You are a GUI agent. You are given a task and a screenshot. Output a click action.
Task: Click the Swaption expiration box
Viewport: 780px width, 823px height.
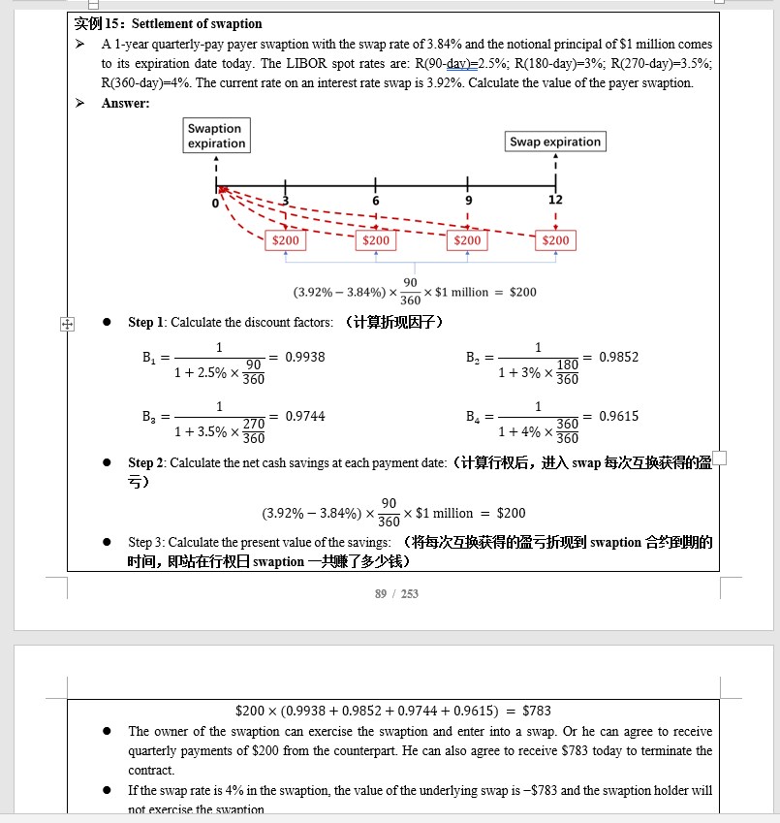(x=216, y=136)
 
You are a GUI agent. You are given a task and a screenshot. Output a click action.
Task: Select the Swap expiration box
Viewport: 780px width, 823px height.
(x=555, y=142)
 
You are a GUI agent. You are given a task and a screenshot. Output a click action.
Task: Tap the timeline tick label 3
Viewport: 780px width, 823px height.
(x=286, y=201)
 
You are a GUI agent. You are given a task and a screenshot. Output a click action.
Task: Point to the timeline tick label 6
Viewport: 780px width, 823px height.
(x=375, y=201)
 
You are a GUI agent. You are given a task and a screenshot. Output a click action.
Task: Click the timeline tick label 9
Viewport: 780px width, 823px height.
(x=467, y=201)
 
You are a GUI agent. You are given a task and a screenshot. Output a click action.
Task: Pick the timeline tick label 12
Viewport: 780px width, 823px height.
(x=555, y=201)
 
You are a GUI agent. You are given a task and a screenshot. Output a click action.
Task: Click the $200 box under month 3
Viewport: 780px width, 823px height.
(x=286, y=240)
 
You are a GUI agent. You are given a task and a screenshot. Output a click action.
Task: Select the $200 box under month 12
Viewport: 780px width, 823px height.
(x=555, y=240)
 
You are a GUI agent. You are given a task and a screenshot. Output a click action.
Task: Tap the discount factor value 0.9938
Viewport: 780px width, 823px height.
(x=305, y=358)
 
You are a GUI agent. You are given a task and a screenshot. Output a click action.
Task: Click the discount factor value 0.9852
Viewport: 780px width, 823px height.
(x=618, y=358)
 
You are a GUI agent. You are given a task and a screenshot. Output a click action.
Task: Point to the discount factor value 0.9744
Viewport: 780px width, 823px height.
(x=305, y=417)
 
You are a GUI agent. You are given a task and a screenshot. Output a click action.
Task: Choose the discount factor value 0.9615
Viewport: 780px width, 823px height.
(x=618, y=417)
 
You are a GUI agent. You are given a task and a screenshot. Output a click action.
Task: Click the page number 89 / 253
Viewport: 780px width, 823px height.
(x=396, y=593)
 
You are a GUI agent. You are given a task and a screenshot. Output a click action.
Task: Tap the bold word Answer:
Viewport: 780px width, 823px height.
(x=126, y=103)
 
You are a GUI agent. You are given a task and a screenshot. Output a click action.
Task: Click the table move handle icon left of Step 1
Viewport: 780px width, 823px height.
(x=67, y=324)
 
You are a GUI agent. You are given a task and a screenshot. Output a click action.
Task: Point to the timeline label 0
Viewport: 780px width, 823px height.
(x=216, y=202)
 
